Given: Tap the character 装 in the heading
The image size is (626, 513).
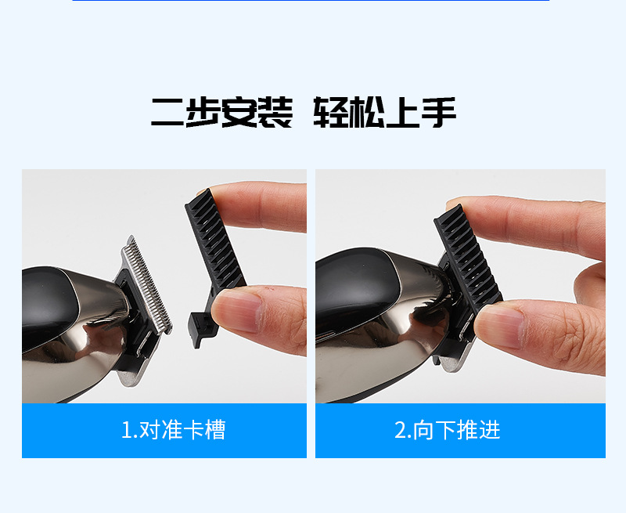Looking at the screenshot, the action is point(275,112).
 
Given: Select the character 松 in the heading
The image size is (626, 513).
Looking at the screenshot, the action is point(366,112).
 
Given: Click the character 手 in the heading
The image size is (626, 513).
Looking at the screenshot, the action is point(439,112).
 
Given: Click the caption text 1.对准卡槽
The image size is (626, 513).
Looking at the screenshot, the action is point(173,430).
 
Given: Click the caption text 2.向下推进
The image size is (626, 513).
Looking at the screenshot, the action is point(447,430).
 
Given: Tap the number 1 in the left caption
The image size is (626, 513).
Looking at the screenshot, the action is point(126,430).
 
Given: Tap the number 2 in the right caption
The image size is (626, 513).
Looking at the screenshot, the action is point(401,430).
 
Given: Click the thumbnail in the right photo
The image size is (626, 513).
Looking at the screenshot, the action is point(499,327).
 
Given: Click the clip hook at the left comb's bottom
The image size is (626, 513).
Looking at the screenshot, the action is point(199,329).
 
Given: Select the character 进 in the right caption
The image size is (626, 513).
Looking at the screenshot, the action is point(490,430).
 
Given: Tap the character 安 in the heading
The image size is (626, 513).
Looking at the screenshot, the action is point(239,112).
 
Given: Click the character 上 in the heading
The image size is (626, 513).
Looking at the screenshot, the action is point(402,112).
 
